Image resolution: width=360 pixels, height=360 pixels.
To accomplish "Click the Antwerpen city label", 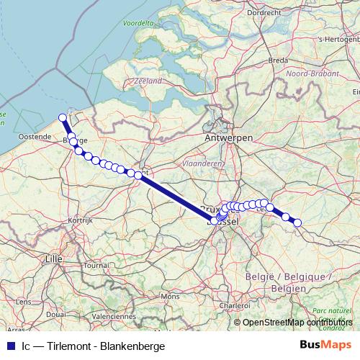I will pyautogui.click(x=228, y=137).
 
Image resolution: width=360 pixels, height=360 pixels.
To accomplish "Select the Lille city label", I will pyautogui.click(x=54, y=257).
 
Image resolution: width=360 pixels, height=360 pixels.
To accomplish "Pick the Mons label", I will pyautogui.click(x=171, y=296).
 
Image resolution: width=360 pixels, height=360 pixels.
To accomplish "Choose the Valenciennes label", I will pyautogui.click(x=114, y=315).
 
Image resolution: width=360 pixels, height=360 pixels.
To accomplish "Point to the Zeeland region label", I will pyautogui.click(x=148, y=81).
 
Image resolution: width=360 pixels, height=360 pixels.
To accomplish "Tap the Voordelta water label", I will pyautogui.click(x=139, y=23).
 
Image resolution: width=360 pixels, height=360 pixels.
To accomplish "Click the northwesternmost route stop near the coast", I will pyautogui.click(x=63, y=117).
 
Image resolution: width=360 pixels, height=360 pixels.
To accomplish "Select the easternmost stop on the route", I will pyautogui.click(x=297, y=222).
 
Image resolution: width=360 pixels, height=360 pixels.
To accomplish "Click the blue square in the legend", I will pyautogui.click(x=9, y=346).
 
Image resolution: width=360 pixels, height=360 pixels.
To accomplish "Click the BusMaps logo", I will pyautogui.click(x=325, y=345).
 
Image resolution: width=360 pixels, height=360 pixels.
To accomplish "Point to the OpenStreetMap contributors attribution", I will pyautogui.click(x=297, y=322).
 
